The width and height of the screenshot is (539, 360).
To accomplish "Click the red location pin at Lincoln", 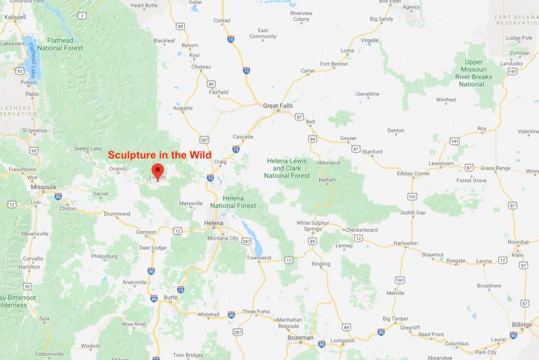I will (x=158, y=170).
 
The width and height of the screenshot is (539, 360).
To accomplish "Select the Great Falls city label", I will (x=279, y=106).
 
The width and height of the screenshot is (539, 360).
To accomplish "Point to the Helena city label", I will (x=213, y=223).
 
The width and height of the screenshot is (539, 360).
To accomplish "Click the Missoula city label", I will (x=43, y=187).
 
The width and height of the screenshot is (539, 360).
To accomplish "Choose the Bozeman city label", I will (x=300, y=338).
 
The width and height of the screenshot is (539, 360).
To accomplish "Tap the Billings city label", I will (x=521, y=324).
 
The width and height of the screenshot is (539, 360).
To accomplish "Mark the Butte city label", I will (x=170, y=297).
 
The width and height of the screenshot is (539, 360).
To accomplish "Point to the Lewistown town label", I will (x=441, y=163).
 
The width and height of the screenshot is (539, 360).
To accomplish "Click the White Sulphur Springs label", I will (x=309, y=226).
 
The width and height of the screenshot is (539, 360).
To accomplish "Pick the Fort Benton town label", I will (x=334, y=64).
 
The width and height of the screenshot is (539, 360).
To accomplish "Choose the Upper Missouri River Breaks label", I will (x=474, y=73).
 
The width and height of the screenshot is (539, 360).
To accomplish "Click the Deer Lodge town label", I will (x=153, y=247).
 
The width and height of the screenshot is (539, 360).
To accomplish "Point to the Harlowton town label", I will (x=405, y=243).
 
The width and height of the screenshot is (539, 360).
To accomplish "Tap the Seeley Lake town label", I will (x=87, y=148).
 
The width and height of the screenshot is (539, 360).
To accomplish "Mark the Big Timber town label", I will (x=395, y=318).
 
